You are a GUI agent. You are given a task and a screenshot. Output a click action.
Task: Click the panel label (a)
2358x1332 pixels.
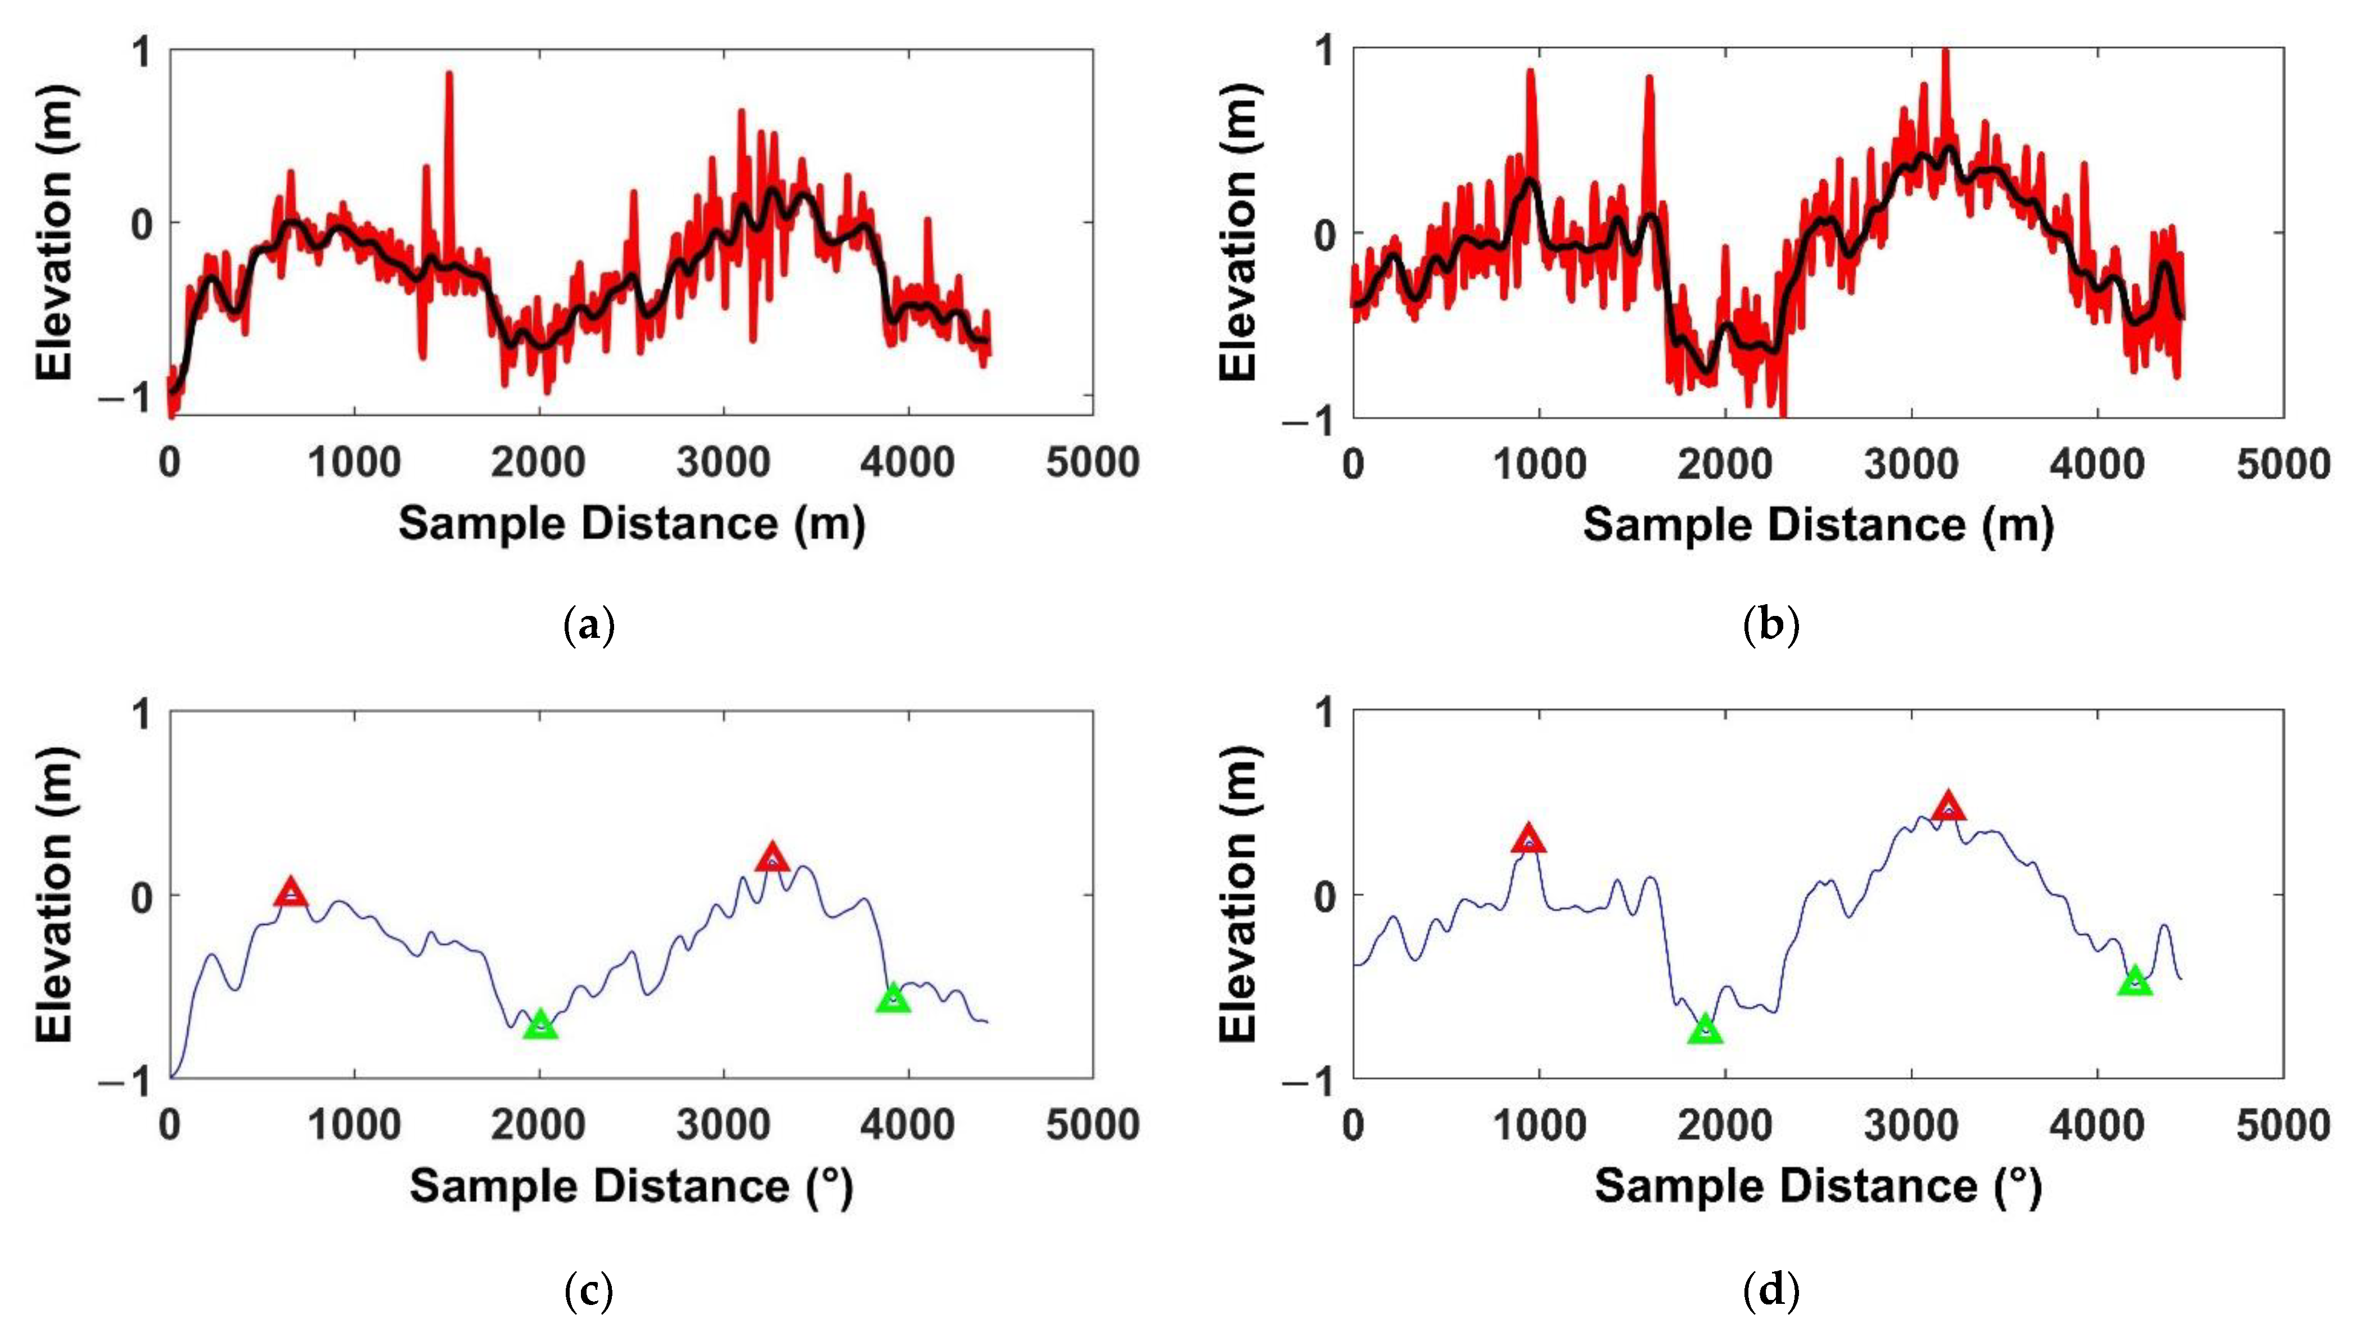(587, 627)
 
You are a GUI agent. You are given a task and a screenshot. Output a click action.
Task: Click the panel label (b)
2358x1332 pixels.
(1771, 627)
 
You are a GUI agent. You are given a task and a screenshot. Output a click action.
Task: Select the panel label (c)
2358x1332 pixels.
(587, 1291)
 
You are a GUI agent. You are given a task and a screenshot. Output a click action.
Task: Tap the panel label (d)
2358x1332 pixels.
(1771, 1291)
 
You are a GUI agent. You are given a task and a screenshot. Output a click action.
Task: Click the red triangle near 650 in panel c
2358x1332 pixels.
(291, 893)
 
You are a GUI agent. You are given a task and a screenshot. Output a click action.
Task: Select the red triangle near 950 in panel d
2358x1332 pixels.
(1528, 839)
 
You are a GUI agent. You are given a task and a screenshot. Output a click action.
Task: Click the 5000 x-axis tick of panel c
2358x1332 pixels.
(1092, 1125)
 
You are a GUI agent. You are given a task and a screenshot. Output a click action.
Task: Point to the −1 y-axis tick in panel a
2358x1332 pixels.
(128, 397)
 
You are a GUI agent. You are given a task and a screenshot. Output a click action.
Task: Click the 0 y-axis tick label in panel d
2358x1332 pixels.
(1325, 895)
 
